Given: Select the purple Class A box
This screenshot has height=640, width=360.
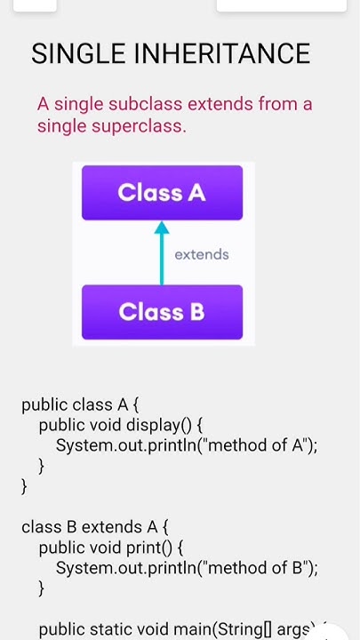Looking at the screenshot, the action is (x=162, y=193).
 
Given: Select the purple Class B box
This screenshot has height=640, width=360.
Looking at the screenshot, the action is (x=162, y=312).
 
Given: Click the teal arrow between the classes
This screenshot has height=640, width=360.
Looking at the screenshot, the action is (x=162, y=253).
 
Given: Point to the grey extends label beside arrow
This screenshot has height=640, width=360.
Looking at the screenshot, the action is (x=202, y=255).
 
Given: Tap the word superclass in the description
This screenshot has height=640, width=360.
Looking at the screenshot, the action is (x=139, y=126).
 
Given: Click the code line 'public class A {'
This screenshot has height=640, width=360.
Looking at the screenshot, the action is (x=80, y=405).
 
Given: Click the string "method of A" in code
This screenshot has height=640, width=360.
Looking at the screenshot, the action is (x=255, y=445).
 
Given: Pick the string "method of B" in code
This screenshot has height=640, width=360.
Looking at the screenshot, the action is (x=255, y=567).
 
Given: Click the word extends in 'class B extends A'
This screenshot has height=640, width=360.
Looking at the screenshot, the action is (x=108, y=527).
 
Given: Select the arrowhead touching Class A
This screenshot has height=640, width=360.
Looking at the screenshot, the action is (x=162, y=228).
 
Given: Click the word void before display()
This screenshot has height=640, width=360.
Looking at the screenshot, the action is (x=107, y=425).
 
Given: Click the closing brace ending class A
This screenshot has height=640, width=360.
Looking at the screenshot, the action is (x=25, y=486).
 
